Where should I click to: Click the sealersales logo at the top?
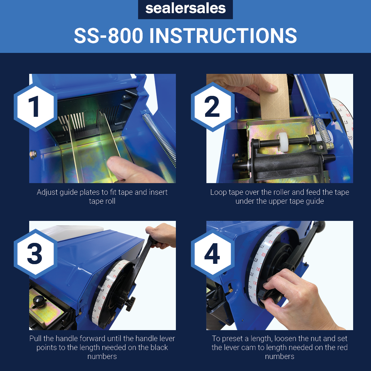[185, 9]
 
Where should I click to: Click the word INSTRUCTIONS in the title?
[223, 36]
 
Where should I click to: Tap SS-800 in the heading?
[108, 36]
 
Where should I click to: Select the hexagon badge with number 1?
[35, 107]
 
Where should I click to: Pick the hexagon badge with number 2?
[213, 107]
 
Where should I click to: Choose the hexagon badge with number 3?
[35, 254]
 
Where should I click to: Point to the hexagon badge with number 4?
[213, 254]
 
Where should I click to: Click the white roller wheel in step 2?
[282, 141]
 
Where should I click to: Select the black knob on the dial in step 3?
[130, 304]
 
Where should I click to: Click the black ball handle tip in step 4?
[319, 225]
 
